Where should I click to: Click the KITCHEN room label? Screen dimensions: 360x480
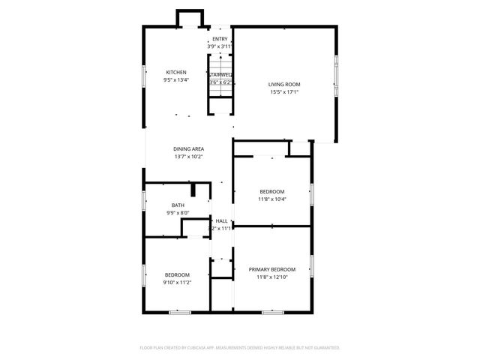pos(176,72)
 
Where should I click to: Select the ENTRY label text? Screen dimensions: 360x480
pos(220,39)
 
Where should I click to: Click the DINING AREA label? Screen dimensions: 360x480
pos(189,148)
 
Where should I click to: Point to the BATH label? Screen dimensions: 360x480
pos(178,205)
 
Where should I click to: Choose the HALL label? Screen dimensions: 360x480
pos(221,220)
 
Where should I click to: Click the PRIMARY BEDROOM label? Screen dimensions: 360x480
pos(272,269)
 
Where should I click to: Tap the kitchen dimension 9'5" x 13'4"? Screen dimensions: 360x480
pos(176,79)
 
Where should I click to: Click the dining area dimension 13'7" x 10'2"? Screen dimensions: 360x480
pos(189,156)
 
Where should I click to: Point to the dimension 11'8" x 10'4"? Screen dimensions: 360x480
pos(271,199)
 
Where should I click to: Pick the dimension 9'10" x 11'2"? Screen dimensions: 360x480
pos(178,282)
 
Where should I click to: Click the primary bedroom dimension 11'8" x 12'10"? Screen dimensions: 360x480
pos(272,277)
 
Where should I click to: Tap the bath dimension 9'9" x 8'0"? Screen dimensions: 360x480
pos(178,212)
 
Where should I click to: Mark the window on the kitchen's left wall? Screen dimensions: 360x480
pos(144,78)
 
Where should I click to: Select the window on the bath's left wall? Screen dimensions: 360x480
pos(144,202)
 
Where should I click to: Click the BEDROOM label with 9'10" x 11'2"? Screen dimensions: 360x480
pos(178,274)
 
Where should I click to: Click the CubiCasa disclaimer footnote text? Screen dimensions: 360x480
pos(240,347)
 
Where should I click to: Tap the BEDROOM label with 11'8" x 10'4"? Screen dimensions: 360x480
pos(271,191)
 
